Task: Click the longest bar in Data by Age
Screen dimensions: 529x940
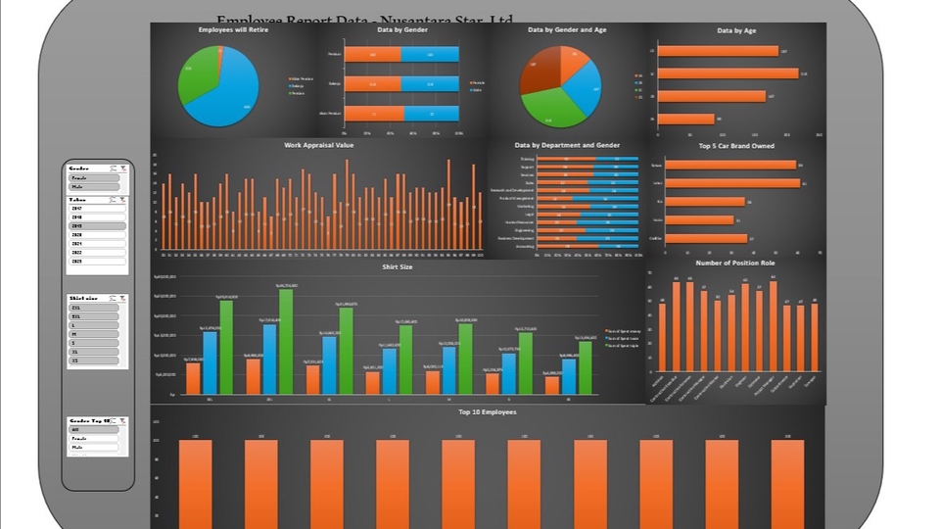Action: pos(728,73)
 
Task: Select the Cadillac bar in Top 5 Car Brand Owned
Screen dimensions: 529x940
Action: pos(706,238)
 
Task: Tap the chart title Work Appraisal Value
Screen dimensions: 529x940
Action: pos(319,145)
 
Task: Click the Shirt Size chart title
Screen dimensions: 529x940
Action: pos(397,266)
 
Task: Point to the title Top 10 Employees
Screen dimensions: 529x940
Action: pos(488,411)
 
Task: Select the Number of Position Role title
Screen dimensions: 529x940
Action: pos(734,263)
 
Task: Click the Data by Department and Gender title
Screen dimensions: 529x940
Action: pos(567,145)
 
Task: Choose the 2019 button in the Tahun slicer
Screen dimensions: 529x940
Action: pos(97,226)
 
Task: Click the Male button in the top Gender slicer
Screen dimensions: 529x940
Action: pos(94,186)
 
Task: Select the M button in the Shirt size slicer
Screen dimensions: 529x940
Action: pos(94,334)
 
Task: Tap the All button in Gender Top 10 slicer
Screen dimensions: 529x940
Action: pos(94,429)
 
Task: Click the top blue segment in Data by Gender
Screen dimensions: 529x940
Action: pos(430,55)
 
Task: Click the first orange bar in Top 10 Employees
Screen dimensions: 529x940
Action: pos(195,484)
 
